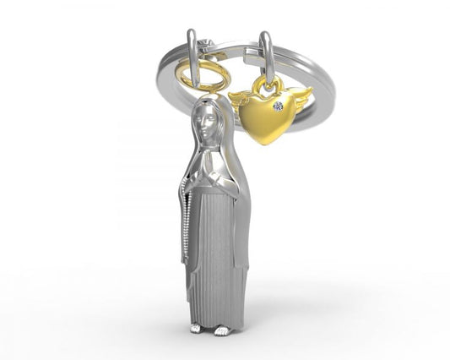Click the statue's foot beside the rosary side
tap(196, 328)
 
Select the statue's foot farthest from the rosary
tap(222, 330)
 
